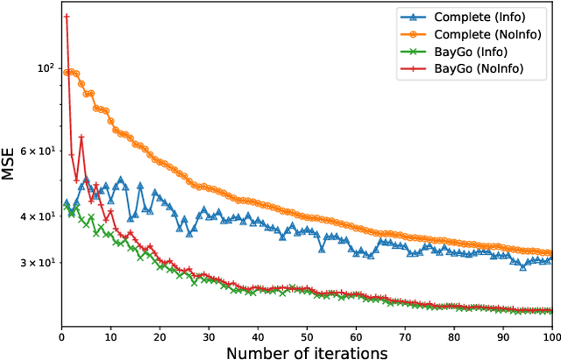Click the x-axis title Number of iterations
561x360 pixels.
[307, 352]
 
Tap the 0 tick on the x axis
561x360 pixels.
[61, 335]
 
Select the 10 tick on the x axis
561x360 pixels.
[110, 335]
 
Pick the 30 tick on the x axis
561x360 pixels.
[209, 335]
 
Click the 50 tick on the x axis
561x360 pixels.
[307, 335]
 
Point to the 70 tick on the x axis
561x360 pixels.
[405, 335]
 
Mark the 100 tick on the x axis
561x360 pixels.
[551, 335]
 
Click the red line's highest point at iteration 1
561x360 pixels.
[67, 17]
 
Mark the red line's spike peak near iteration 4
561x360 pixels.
[82, 137]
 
